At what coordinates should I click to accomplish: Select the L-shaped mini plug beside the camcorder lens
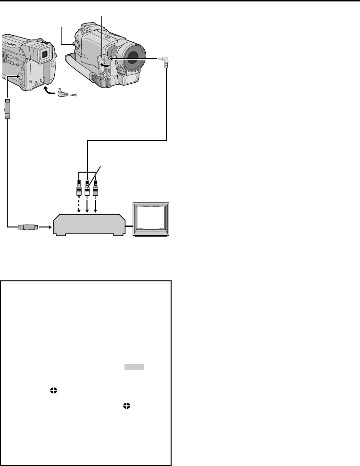[165, 60]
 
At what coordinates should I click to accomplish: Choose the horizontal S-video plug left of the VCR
[26, 226]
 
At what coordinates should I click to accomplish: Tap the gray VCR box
[89, 225]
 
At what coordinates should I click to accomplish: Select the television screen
[150, 219]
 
